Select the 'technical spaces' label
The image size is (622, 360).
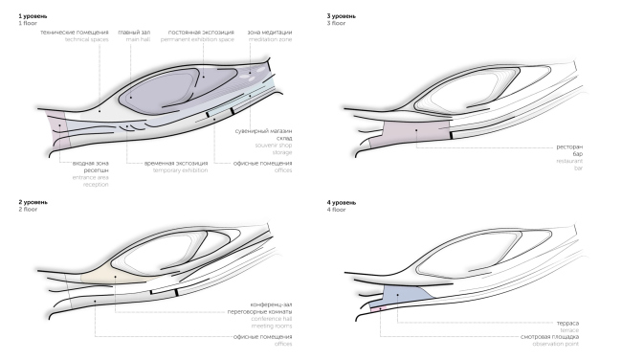[x=87, y=39]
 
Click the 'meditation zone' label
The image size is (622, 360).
[x=269, y=39]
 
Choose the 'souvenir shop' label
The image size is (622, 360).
[x=272, y=143]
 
